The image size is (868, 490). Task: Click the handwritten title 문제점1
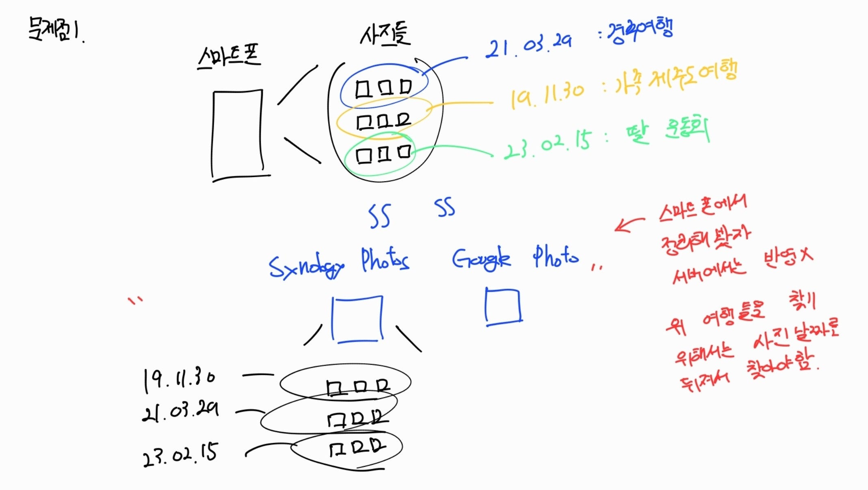(55, 29)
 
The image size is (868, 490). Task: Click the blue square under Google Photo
(503, 306)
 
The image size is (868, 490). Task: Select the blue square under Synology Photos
(357, 319)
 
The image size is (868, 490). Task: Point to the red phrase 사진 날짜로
(796, 337)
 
